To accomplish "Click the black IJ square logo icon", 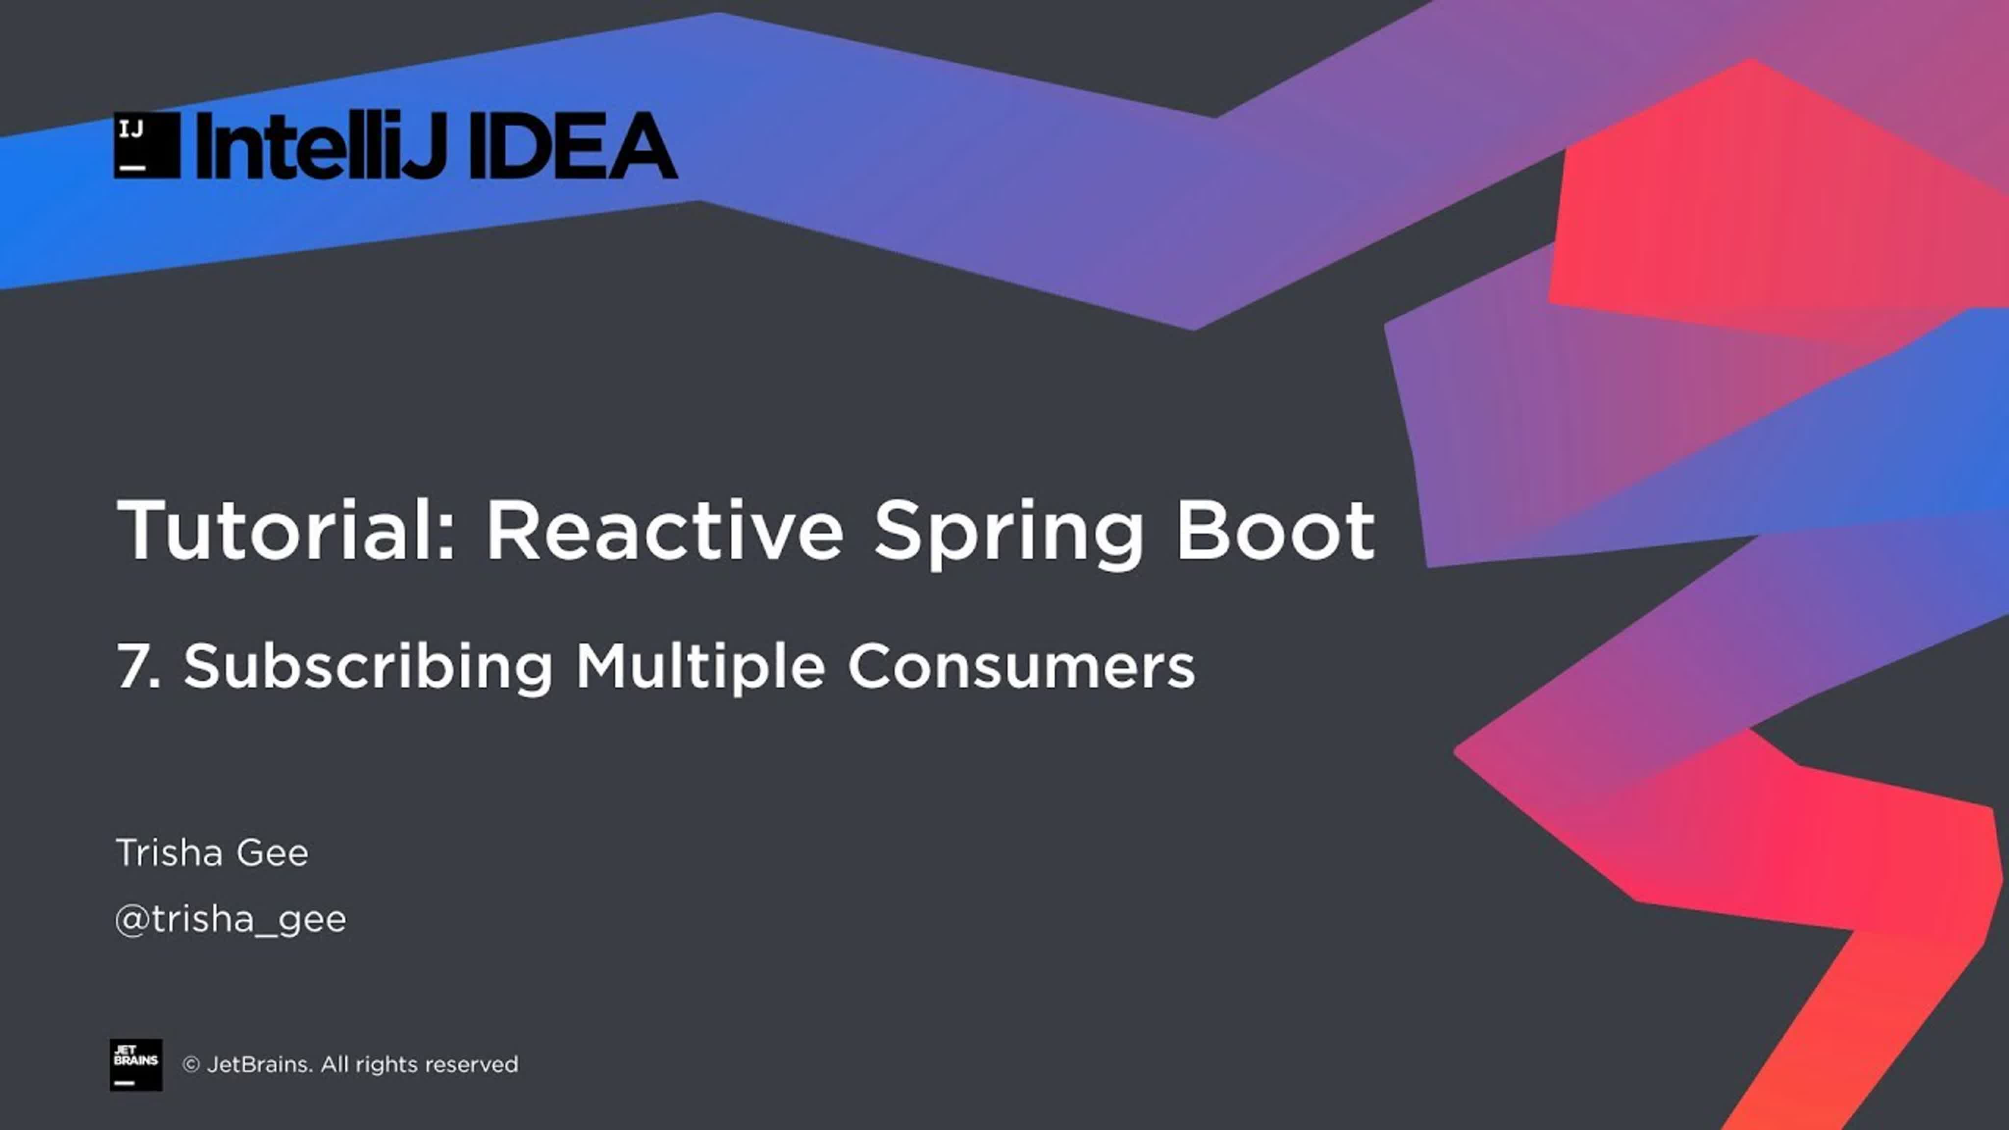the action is pos(147,145).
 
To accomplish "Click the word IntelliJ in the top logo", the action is pos(321,146).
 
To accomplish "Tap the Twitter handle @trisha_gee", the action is pos(230,920).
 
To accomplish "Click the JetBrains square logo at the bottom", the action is pos(136,1064).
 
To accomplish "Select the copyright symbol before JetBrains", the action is pos(191,1064).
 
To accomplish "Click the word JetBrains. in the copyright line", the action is pos(259,1064).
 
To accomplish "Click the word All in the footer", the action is pos(334,1064).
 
